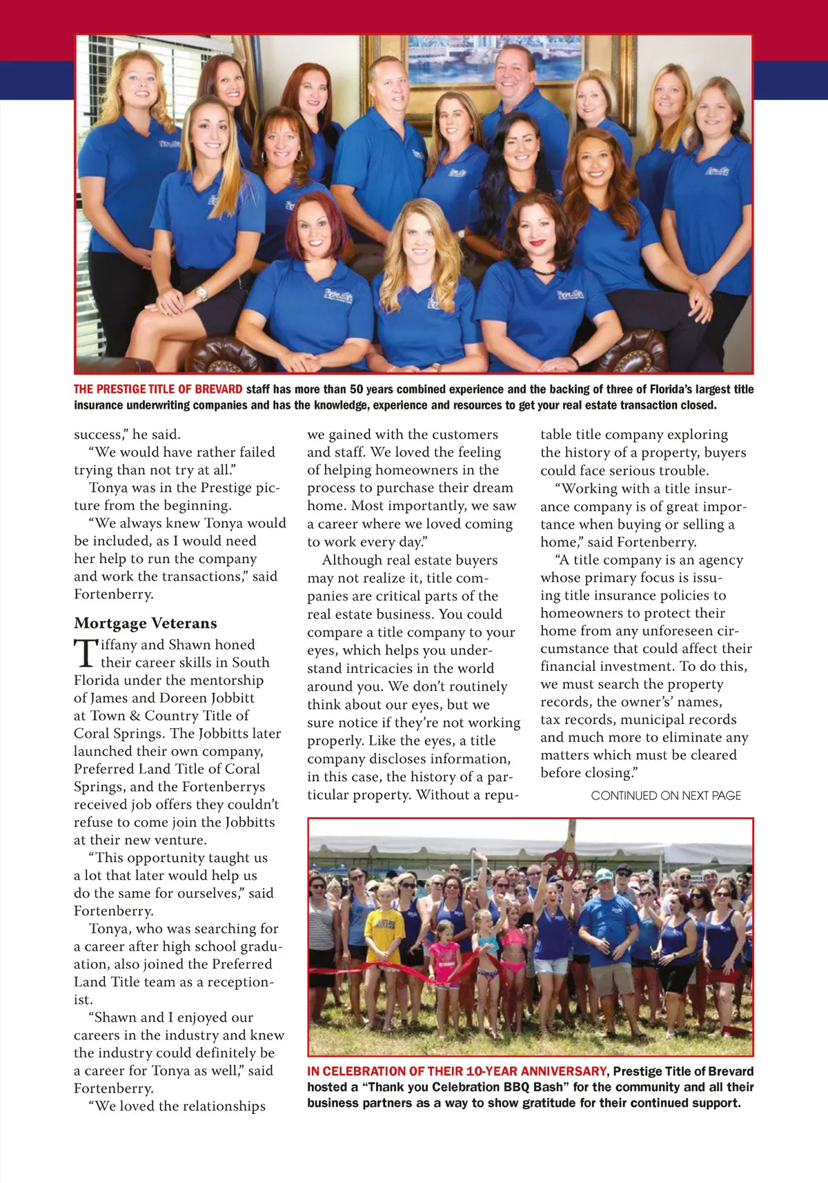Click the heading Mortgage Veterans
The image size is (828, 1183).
pos(146,623)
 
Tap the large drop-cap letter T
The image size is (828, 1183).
pos(85,654)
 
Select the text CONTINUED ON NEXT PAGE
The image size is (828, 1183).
pos(666,796)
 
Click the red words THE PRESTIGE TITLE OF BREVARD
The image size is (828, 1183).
pos(158,389)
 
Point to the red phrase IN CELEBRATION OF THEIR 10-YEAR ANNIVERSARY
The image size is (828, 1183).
pos(457,1071)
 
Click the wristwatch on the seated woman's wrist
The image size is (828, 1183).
pos(201,293)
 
